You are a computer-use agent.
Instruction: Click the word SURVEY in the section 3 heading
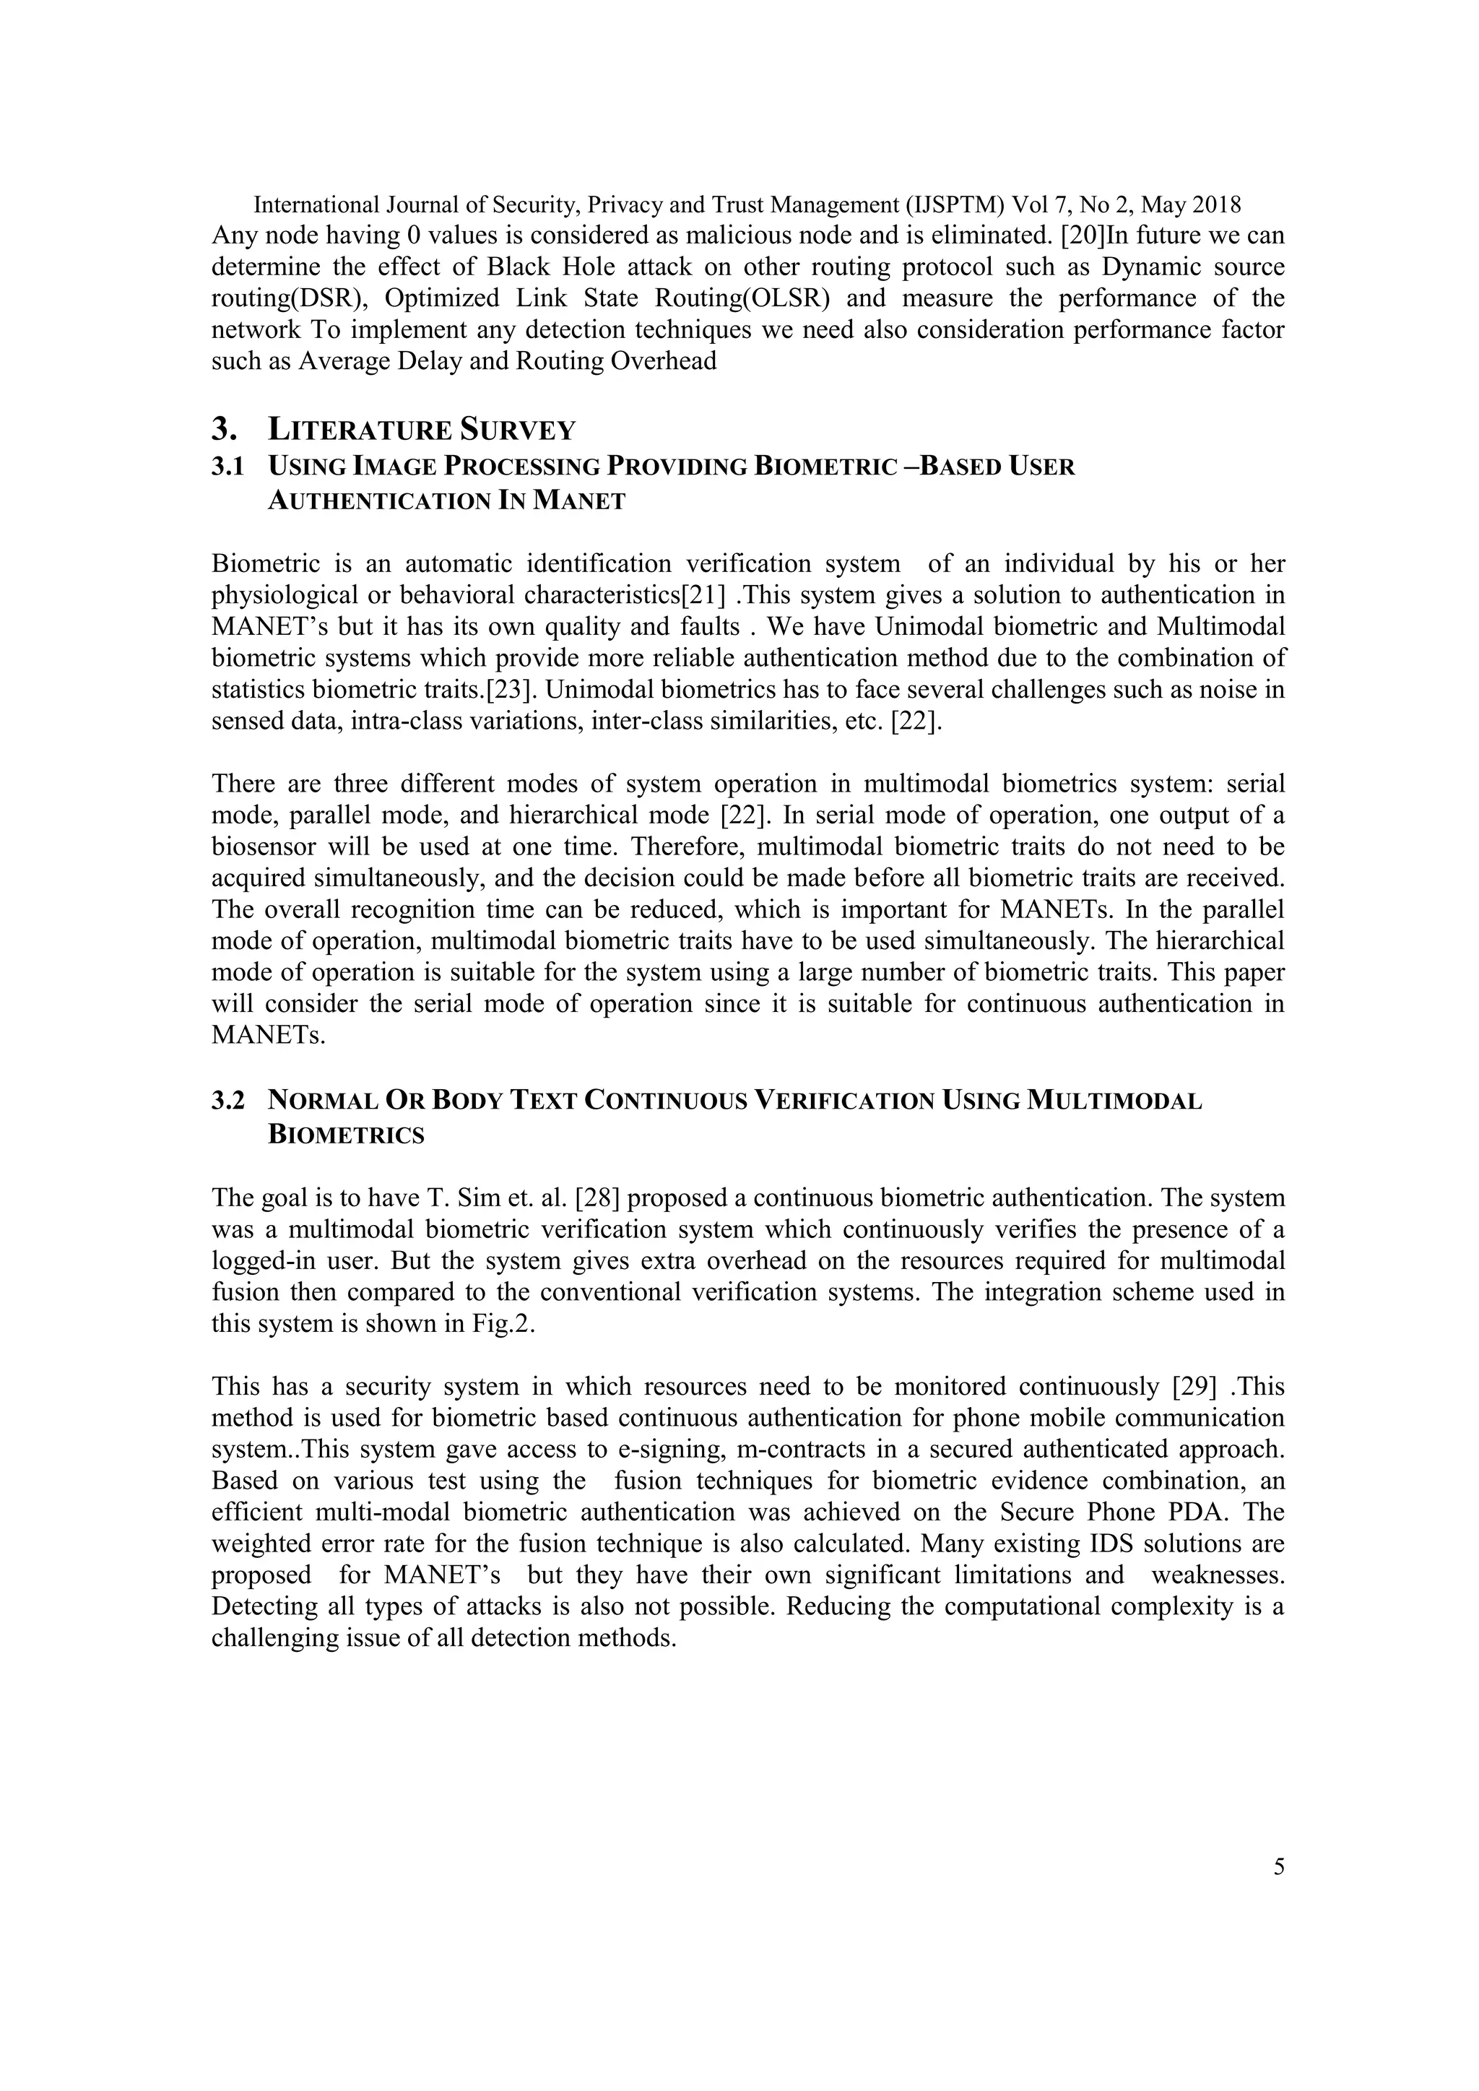coord(516,429)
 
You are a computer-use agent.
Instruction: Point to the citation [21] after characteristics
coord(704,596)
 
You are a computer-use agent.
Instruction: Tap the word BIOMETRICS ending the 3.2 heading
coord(346,1135)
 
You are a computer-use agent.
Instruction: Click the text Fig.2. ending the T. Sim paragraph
coord(503,1323)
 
